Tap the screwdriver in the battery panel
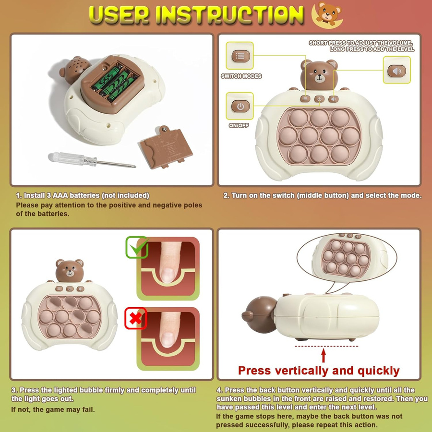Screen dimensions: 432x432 tap(92, 160)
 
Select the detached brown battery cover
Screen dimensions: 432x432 tap(166, 147)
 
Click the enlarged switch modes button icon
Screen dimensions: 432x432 tap(240, 56)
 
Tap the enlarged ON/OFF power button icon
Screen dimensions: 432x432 tap(240, 106)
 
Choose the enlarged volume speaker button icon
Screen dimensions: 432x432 tap(397, 71)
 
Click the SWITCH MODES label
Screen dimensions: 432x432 tap(241, 76)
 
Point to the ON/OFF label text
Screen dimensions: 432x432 tap(239, 126)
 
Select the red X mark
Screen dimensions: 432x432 tap(135, 318)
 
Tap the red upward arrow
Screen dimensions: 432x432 tap(324, 355)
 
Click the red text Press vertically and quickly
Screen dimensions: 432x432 tap(319, 371)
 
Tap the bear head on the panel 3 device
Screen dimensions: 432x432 tap(70, 270)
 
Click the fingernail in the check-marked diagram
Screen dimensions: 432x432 tap(168, 275)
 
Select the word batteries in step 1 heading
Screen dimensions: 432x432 tap(84, 195)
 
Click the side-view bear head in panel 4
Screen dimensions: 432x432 tap(259, 314)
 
